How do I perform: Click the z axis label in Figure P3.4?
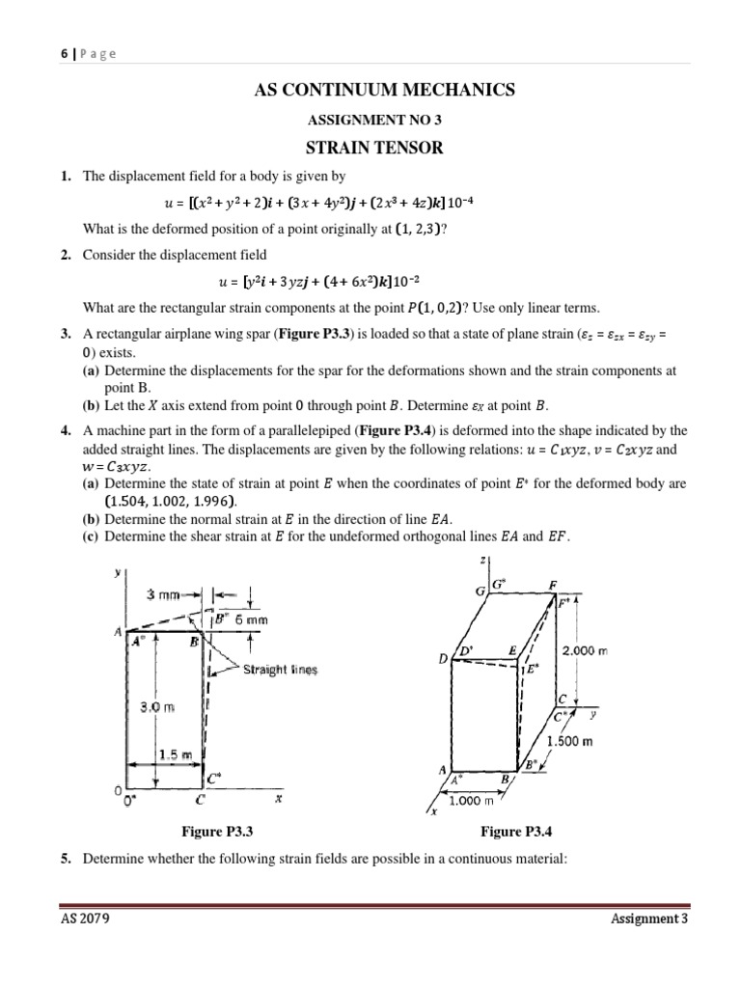point(482,561)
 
